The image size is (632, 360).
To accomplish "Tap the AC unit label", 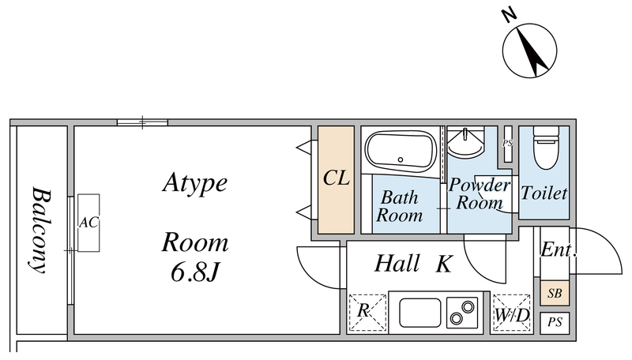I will coord(88,223).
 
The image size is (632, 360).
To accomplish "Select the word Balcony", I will coord(38,229).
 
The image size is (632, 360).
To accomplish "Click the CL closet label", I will coord(336,178).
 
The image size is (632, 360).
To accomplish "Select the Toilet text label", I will coord(544,192).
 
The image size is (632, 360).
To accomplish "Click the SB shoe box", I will coord(555,294).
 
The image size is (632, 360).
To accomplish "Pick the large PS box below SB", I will coord(555,322).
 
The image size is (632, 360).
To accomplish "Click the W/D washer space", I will coord(511,314).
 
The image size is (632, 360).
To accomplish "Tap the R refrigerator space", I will coord(365,311).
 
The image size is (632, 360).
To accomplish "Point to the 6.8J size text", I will coord(194,272).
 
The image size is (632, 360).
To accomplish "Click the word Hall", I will coord(397,264).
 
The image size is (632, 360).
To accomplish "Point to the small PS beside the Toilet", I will coord(507,144).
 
